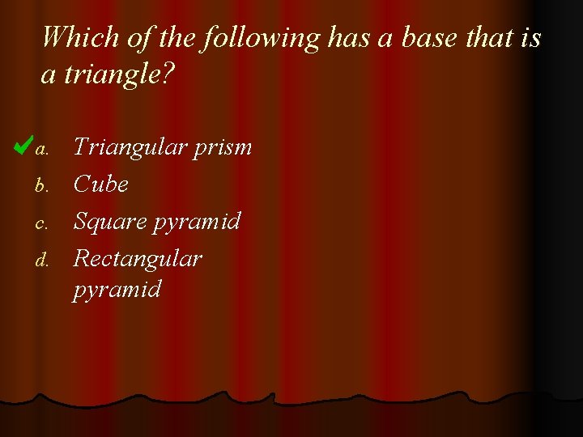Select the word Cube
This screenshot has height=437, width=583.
click(x=101, y=185)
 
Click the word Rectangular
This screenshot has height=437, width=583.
click(x=138, y=259)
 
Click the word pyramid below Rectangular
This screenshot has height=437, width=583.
click(x=117, y=290)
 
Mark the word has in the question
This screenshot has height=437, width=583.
click(x=347, y=37)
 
